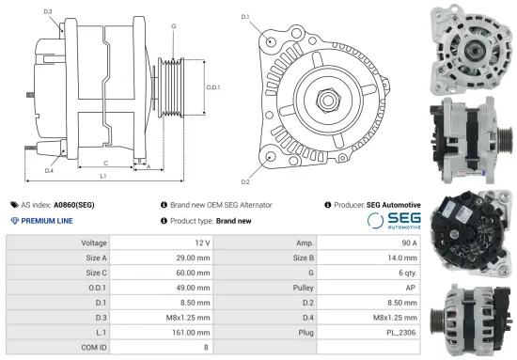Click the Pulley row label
click(300, 288)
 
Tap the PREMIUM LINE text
click(47, 220)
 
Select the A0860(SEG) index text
click(73, 204)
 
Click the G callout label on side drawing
click(173, 26)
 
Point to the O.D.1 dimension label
click(213, 87)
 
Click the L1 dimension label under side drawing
click(102, 176)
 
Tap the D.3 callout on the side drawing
click(48, 10)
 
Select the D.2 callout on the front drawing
click(244, 181)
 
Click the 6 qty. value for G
click(405, 273)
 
